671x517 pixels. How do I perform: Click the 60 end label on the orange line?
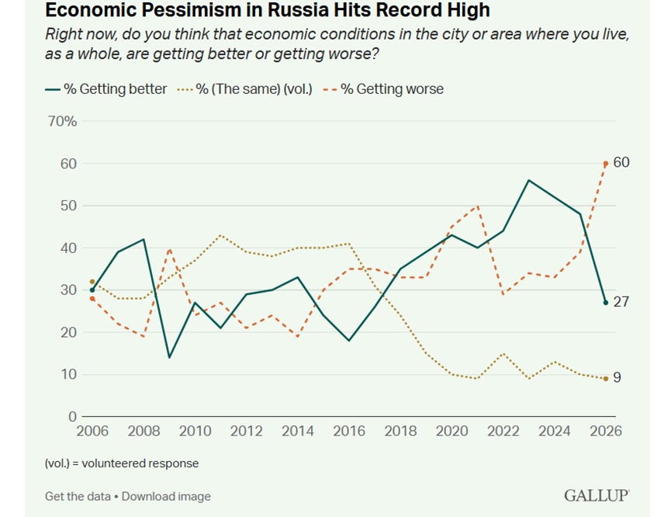point(621,162)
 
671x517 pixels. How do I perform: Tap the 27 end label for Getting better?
point(621,302)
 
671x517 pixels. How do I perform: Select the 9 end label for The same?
point(617,377)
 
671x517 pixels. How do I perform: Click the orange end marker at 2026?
point(606,164)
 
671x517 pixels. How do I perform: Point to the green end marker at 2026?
point(606,303)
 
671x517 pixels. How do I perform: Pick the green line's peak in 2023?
point(529,180)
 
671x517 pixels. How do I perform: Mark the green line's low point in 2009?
point(169,357)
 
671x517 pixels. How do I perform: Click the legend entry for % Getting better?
point(106,89)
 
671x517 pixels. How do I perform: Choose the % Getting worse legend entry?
point(383,89)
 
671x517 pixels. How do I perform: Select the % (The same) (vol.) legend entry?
point(245,89)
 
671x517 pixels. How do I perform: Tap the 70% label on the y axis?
point(63,121)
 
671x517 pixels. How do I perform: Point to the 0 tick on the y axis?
point(72,416)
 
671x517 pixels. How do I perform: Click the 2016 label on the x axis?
point(349,431)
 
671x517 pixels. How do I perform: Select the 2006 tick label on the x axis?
point(92,431)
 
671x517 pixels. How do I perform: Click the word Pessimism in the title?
point(195,10)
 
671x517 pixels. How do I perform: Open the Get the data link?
point(78,497)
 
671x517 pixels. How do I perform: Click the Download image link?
point(166,497)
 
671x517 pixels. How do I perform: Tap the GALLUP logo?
point(597,495)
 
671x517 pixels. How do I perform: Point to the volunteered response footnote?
point(122,463)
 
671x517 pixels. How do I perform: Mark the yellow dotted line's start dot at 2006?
point(92,282)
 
